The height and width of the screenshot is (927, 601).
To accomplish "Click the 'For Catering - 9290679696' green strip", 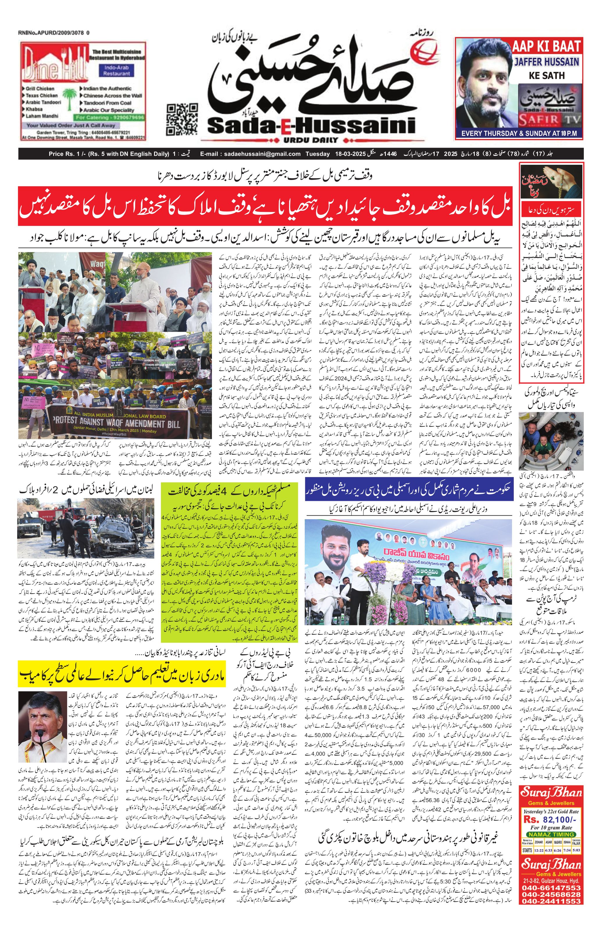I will tap(110, 117).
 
